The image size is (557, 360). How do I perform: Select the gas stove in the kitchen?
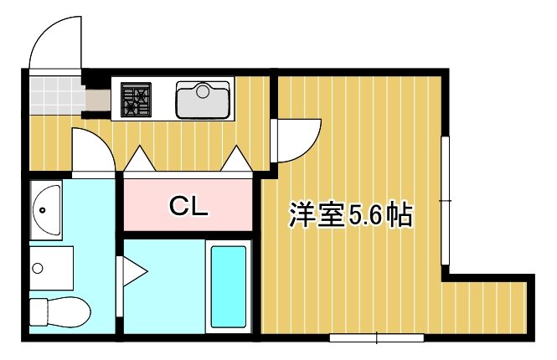[x=135, y=100]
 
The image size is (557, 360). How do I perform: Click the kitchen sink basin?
[x=202, y=100]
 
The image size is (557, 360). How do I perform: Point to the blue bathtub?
[x=229, y=286]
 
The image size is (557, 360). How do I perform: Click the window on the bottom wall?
[x=376, y=338]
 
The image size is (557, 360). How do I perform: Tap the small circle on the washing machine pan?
[x=38, y=268]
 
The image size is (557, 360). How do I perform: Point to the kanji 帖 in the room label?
[x=399, y=215]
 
